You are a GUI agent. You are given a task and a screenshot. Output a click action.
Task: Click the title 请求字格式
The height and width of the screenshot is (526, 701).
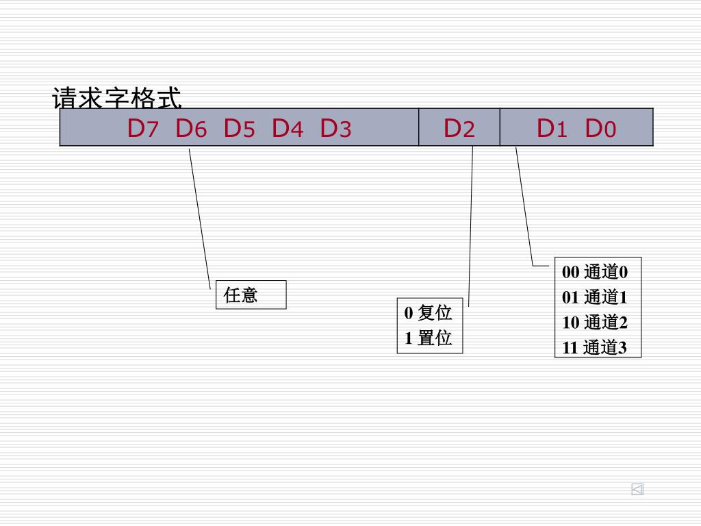(117, 99)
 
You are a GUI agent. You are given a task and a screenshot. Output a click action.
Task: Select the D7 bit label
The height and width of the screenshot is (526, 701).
(142, 128)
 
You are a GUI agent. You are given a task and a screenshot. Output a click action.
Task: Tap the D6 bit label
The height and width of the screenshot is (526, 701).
(191, 128)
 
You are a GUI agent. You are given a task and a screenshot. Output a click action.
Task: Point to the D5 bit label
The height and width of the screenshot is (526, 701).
(239, 128)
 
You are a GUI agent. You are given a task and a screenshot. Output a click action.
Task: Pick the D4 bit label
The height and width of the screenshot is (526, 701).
(288, 128)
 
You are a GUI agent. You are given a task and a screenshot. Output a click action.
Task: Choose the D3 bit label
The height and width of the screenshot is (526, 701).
(335, 128)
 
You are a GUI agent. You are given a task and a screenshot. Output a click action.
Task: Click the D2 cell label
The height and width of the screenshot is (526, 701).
(459, 128)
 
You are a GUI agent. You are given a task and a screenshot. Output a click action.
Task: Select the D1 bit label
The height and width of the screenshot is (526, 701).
(552, 128)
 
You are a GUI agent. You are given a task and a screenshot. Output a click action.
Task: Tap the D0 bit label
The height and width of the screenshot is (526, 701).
(600, 128)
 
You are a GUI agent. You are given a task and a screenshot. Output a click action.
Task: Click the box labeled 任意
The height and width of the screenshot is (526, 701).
(251, 295)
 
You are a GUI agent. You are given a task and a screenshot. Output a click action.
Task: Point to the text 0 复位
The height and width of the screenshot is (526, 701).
(429, 313)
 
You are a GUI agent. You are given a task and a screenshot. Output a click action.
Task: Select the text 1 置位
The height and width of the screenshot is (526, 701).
(429, 338)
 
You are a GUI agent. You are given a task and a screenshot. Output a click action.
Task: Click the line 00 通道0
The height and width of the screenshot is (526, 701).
(594, 272)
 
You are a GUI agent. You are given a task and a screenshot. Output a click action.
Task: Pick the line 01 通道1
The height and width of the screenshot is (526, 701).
(594, 297)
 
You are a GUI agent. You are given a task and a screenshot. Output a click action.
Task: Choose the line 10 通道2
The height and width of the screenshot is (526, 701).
(594, 323)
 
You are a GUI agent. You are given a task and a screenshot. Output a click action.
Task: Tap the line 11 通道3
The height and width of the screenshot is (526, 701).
(594, 347)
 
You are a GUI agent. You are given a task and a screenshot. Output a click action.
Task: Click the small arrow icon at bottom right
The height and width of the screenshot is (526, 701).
(637, 489)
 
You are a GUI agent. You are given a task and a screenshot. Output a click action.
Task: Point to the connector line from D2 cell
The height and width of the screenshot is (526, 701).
(471, 219)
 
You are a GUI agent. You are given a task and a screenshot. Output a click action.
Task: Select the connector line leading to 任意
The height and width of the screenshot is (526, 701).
(199, 219)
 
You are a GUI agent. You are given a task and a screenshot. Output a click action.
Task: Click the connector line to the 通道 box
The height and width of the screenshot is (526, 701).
(524, 205)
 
